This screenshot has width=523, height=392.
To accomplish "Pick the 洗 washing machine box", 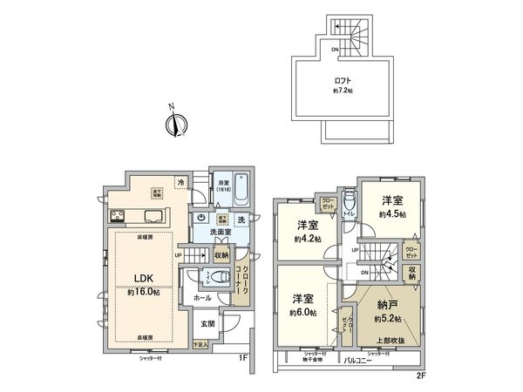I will coord(241,220).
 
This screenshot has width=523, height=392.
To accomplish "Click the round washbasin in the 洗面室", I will coord(201,220).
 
